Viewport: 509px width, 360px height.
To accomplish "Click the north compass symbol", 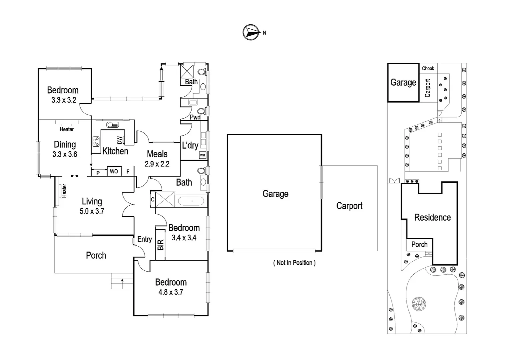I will coord(251,32).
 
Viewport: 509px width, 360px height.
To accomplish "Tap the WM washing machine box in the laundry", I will coord(203,155).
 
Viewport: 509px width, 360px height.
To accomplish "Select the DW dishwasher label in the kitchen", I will coord(120,140).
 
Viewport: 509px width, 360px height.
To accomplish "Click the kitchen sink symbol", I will coord(113,125).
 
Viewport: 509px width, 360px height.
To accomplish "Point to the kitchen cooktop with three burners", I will coord(96,141).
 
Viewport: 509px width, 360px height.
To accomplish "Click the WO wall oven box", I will coord(114,171).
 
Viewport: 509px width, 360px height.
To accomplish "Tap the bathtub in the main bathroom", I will coord(191,201).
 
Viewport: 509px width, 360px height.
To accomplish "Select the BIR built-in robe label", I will coord(161,245).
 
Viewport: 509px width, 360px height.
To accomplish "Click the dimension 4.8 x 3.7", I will coord(171,292).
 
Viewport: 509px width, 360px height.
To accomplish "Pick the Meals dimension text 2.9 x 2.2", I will coord(157,164).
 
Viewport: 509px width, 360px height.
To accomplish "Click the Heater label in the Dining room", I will coord(67,129).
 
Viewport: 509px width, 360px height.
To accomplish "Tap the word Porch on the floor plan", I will coord(96,255).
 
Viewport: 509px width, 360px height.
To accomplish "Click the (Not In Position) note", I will coord(294,263).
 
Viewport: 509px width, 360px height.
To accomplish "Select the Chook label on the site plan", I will coord(428,68).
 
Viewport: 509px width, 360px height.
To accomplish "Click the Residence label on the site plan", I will coord(432,217).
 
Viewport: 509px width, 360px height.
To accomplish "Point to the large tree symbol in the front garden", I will coord(419,304).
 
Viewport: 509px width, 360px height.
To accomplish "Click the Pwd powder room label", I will coord(195,117).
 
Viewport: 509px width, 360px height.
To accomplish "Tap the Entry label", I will coord(145,239).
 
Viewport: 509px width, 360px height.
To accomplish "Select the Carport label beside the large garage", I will coord(349,206).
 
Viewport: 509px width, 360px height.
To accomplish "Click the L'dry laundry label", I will coord(190,145).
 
